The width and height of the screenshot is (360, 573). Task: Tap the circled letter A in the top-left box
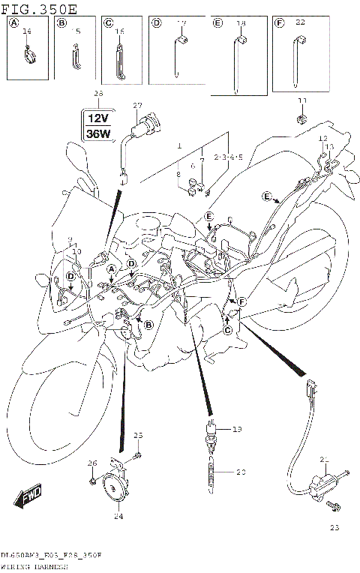click(x=13, y=24)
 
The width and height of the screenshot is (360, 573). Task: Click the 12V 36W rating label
click(x=97, y=125)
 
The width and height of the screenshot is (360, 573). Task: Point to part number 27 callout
click(x=137, y=105)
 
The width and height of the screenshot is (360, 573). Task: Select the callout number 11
click(x=302, y=100)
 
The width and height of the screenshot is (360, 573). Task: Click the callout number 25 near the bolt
click(x=137, y=435)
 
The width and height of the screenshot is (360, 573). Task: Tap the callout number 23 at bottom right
click(x=334, y=528)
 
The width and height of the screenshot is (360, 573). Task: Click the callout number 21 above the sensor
click(x=325, y=459)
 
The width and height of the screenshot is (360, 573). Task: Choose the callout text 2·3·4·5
click(x=207, y=157)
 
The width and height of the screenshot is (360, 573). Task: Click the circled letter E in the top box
click(x=217, y=24)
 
